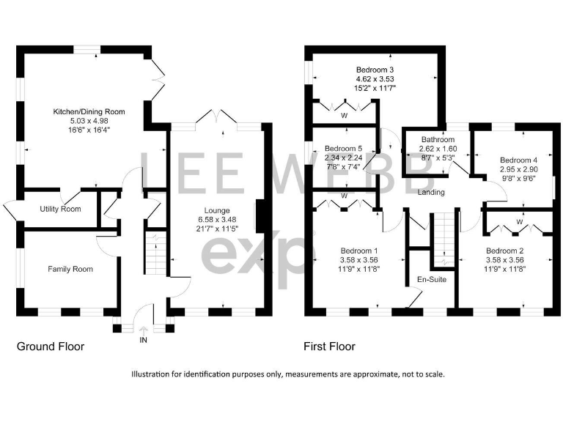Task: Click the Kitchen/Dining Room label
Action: coord(89,111)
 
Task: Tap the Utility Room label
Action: coord(60,210)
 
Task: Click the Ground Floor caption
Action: coord(51,347)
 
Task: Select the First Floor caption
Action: coord(330,347)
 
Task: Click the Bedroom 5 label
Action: coord(343,146)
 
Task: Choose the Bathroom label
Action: coord(437,139)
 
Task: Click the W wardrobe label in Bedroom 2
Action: coord(519,221)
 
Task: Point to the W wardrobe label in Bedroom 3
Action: coord(343,115)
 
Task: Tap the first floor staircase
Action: coord(443,242)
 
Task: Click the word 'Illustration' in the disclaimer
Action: coord(152,374)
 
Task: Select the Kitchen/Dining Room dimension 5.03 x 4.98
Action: coord(89,121)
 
